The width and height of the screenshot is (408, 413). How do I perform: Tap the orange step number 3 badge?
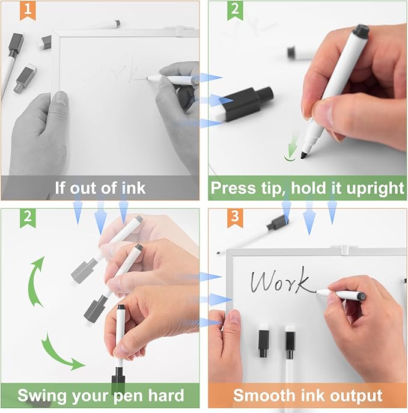(x=235, y=218)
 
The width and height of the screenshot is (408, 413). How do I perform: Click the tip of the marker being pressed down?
(x=303, y=156)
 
